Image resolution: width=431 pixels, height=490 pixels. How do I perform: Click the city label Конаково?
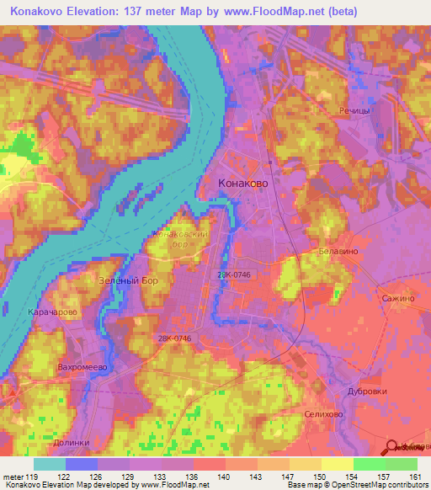(x=244, y=181)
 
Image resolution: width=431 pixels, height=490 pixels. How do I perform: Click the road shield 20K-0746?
(x=233, y=274)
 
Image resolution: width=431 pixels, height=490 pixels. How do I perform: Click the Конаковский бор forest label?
(x=179, y=239)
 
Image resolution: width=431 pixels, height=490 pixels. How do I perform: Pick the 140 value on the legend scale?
(x=224, y=476)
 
